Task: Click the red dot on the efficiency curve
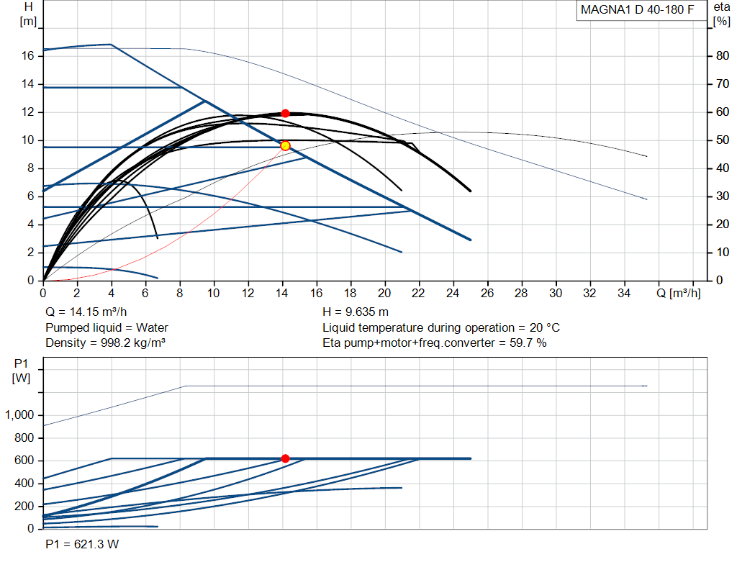(x=285, y=113)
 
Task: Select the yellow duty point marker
(x=285, y=145)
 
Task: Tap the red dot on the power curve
(x=285, y=458)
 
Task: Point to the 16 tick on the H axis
(x=28, y=56)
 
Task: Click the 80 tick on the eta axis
(x=723, y=56)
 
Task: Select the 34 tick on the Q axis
(x=624, y=293)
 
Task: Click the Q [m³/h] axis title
(x=678, y=293)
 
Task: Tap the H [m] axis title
(x=28, y=14)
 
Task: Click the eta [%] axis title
(x=721, y=14)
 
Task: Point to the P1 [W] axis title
(x=21, y=371)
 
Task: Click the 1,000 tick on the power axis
(x=19, y=415)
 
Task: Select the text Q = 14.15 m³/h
(x=86, y=312)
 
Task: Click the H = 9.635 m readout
(x=356, y=312)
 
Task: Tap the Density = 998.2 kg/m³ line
(x=105, y=343)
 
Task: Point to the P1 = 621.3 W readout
(x=82, y=544)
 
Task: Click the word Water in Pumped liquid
(x=152, y=327)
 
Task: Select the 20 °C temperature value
(x=545, y=327)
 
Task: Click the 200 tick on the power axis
(x=24, y=506)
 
